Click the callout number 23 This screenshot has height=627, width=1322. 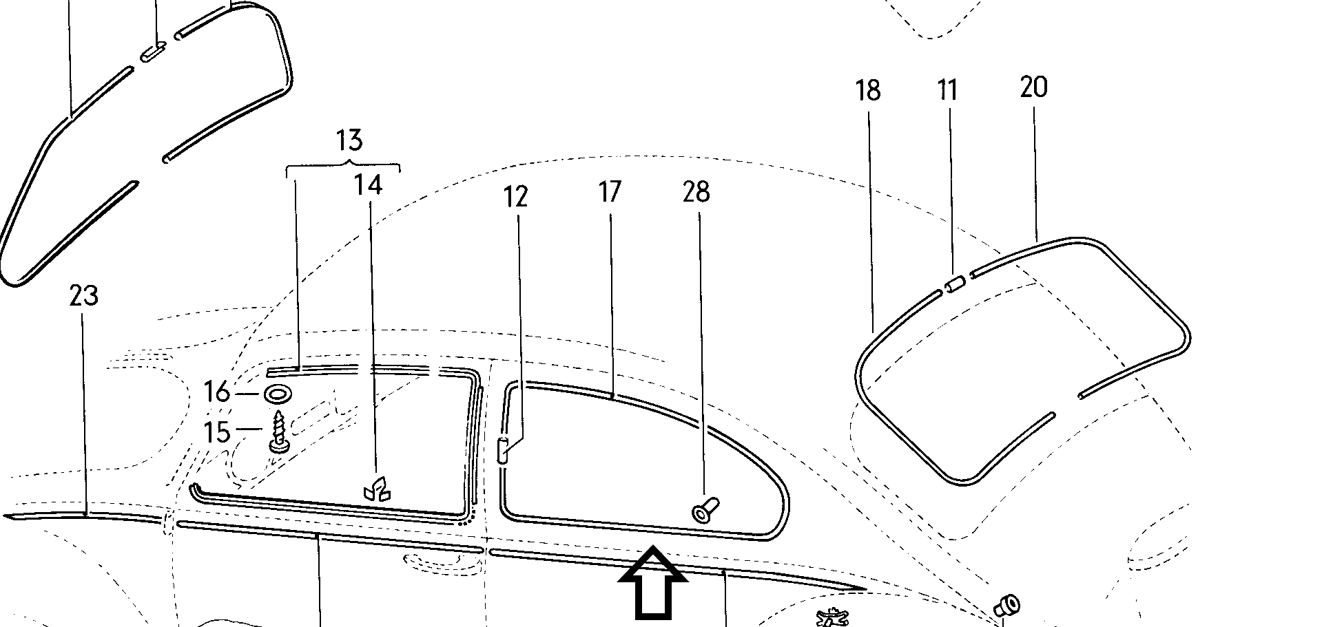[84, 296]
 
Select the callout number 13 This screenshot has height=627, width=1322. [349, 140]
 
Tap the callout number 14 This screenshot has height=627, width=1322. [369, 184]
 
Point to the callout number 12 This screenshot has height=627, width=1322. [515, 197]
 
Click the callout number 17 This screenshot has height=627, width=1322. [610, 192]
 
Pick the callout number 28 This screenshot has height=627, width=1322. [696, 192]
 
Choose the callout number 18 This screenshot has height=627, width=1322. [868, 90]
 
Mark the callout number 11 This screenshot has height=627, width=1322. [948, 90]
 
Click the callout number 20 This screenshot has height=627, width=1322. [1033, 87]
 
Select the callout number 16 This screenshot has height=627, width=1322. [217, 393]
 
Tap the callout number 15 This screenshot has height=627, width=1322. [217, 432]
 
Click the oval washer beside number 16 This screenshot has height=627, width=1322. [278, 394]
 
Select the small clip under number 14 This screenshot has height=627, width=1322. [376, 489]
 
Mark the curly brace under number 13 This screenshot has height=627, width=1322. [343, 165]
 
